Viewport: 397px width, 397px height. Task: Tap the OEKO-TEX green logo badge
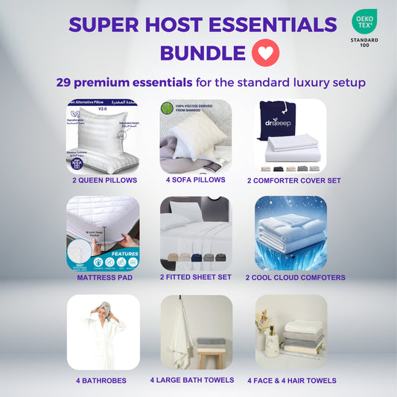tap(364, 21)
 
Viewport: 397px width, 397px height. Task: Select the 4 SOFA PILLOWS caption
tap(195, 180)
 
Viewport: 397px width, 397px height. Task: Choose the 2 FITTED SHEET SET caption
tap(195, 277)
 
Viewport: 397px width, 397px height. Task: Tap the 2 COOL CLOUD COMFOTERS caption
tap(295, 277)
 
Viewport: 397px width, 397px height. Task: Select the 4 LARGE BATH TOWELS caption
tap(192, 380)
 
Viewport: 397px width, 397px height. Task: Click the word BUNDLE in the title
tap(203, 54)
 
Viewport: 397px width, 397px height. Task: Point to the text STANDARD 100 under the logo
tap(364, 42)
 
